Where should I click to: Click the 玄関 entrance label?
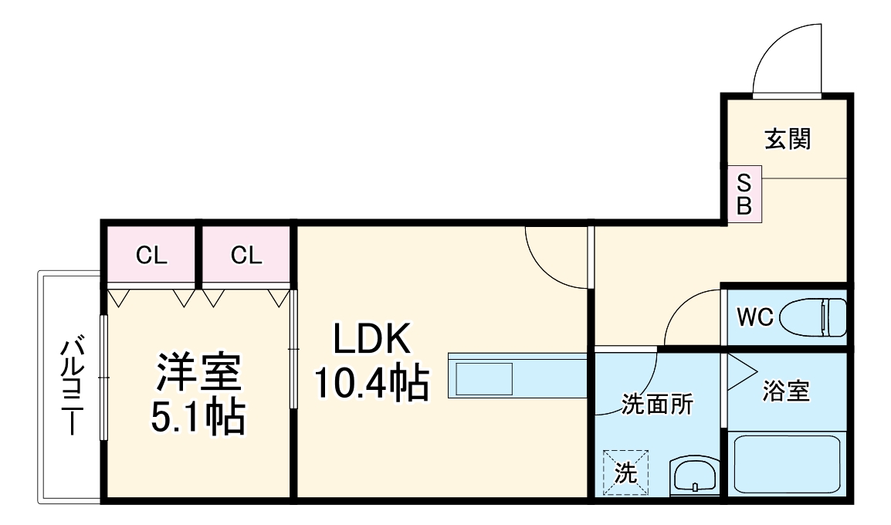(x=788, y=140)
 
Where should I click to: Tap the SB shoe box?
(x=745, y=195)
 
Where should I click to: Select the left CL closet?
(x=151, y=255)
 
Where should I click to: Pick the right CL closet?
(x=246, y=255)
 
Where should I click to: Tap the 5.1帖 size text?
(x=198, y=417)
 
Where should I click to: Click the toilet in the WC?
(x=815, y=317)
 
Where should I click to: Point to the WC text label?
(x=754, y=317)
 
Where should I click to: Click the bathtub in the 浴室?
(x=787, y=464)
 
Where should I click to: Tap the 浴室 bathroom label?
(x=786, y=391)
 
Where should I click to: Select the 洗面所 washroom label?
(x=658, y=403)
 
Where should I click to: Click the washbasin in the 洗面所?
(x=695, y=476)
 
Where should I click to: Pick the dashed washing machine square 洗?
(x=625, y=472)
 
